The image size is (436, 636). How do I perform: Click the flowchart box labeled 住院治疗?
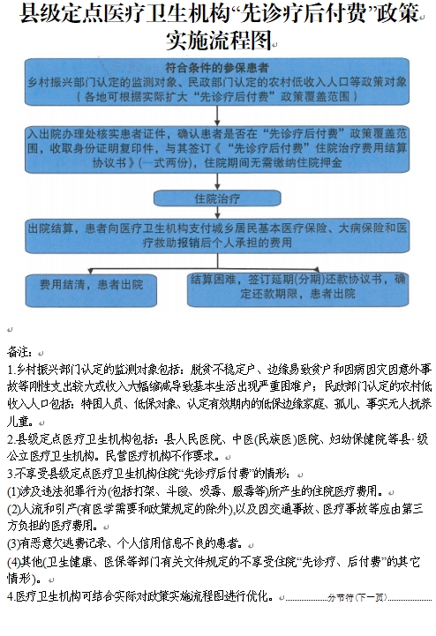pos(216,197)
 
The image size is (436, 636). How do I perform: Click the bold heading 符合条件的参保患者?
pos(217,68)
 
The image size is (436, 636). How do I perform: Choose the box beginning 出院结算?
pos(217,234)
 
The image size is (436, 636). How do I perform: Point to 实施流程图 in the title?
pos(216,41)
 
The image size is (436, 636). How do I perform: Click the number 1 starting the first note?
pos(10,369)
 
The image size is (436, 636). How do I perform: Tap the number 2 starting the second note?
pos(10,438)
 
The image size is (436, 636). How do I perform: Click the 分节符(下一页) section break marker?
pos(356,597)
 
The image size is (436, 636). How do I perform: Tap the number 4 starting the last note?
pos(10,597)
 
